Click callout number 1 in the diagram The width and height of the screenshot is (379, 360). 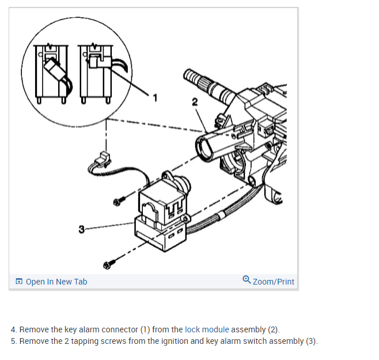coord(154,97)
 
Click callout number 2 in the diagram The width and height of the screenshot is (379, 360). coord(195,102)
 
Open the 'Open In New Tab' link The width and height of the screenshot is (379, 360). coord(56,282)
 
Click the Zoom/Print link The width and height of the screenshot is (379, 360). coord(273,282)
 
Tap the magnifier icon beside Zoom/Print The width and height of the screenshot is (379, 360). coord(247,281)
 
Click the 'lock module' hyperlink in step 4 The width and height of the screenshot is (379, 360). coord(207,329)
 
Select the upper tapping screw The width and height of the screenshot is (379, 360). coord(118,200)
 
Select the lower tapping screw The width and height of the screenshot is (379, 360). coord(107,265)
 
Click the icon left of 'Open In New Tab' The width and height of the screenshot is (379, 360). coord(20,282)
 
